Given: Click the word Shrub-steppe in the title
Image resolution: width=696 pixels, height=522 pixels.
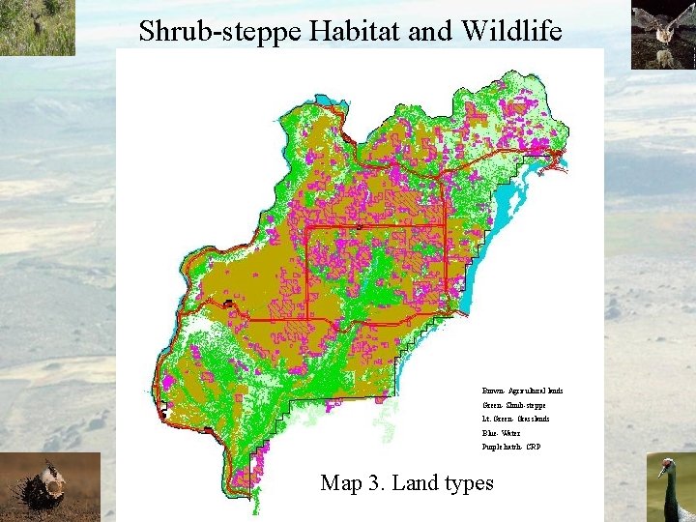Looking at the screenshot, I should (x=220, y=31).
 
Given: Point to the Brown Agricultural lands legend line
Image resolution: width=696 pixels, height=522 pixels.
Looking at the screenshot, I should (x=522, y=391).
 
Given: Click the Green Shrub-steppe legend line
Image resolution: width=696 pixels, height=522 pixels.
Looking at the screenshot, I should (x=513, y=405).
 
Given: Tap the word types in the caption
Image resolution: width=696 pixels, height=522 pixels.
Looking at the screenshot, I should (x=468, y=482).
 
